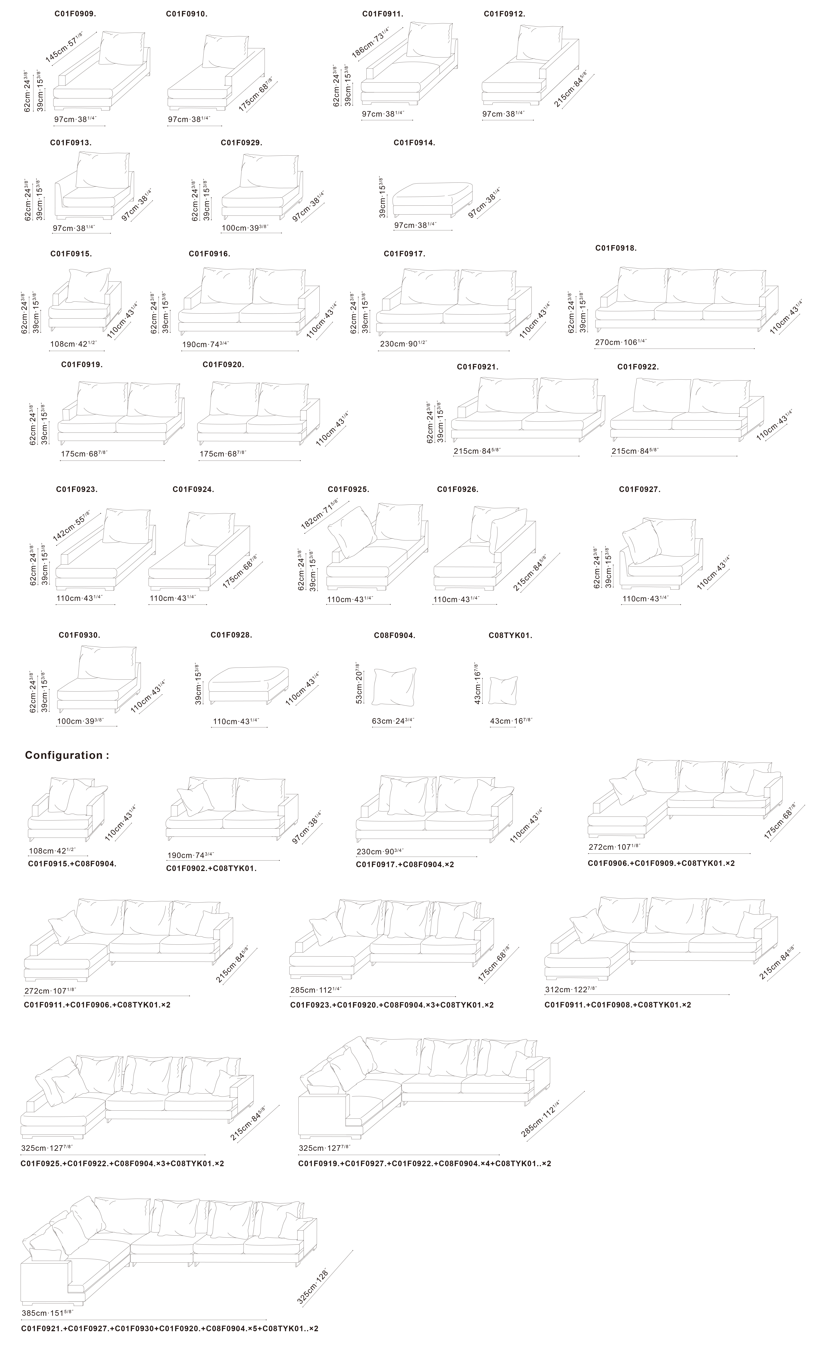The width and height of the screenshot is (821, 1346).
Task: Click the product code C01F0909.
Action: tap(75, 14)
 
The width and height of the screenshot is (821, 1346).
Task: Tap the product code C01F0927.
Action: tap(639, 489)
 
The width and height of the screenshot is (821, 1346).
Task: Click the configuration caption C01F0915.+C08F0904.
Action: tap(72, 864)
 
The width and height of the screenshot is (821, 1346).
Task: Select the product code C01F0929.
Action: tap(241, 143)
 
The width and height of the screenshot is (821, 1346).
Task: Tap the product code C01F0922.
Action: tap(638, 367)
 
